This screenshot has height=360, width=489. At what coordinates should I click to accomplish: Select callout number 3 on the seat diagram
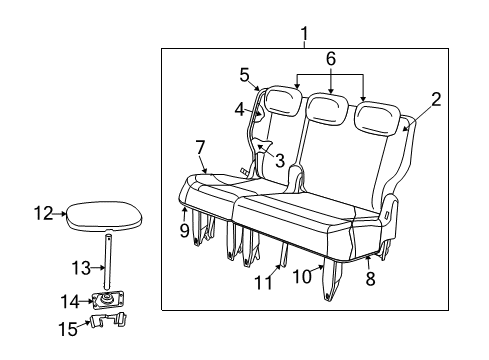[280, 160]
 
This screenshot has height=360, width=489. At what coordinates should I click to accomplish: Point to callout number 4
[240, 108]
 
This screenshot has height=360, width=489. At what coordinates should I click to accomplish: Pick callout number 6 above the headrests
[331, 60]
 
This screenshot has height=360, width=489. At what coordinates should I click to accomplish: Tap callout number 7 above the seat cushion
[200, 147]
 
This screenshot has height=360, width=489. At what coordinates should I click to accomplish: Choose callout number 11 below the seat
[263, 285]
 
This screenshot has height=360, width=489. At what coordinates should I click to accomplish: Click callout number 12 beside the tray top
[43, 212]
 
